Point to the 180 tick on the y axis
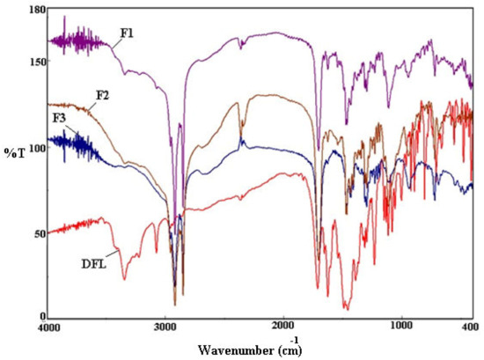tap(35, 9)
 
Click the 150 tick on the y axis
tap(35, 62)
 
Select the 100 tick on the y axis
tap(35, 148)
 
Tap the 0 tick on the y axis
tap(40, 316)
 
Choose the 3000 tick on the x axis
tap(165, 329)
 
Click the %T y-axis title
tap(16, 152)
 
